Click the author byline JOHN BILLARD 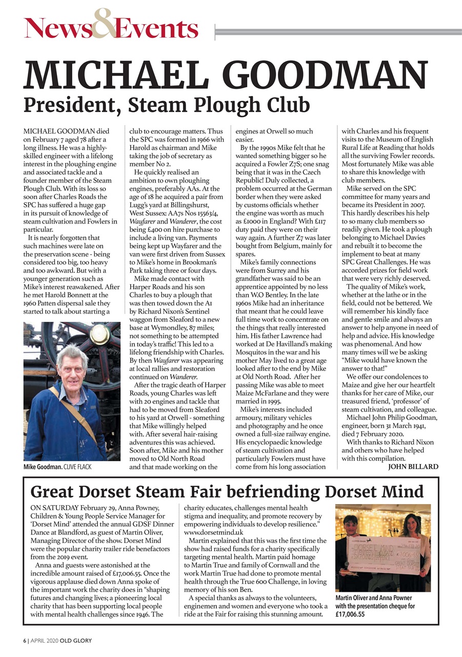(413, 467)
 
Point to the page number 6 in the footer (24, 641)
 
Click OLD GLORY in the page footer (75, 641)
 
